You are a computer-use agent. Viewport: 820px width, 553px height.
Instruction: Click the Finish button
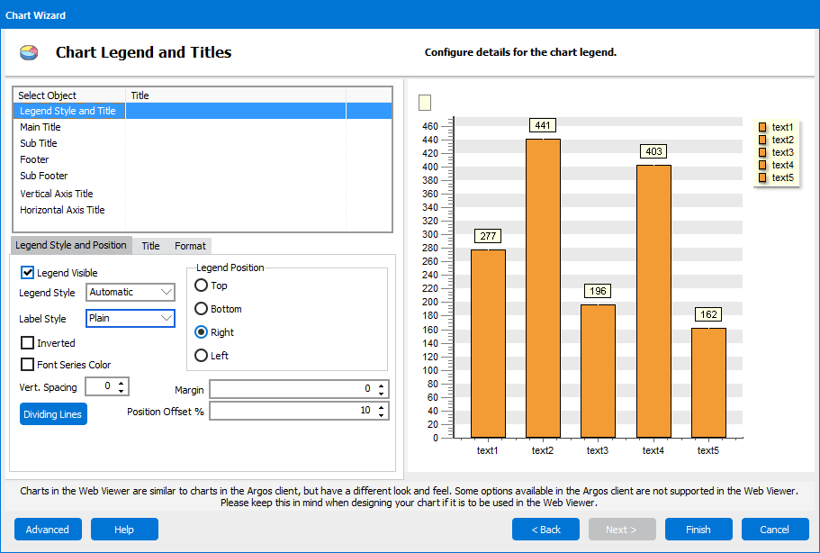(698, 530)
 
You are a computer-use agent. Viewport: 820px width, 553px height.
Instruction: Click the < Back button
(545, 530)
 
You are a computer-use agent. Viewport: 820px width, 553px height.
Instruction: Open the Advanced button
(48, 530)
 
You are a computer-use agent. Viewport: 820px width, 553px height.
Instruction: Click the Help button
(124, 530)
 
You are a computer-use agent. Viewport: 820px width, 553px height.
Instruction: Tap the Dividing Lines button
(54, 414)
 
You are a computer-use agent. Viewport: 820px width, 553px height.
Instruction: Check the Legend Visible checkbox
(28, 273)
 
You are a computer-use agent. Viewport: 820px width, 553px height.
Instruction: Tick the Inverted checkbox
(28, 343)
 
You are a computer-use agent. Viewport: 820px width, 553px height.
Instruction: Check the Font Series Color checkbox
(28, 365)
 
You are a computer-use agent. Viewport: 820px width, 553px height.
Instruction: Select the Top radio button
(202, 286)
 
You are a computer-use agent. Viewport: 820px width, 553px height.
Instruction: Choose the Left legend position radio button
(202, 356)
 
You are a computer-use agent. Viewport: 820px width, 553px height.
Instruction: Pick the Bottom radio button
(202, 309)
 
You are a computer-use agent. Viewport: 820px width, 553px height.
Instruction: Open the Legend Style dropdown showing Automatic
(131, 292)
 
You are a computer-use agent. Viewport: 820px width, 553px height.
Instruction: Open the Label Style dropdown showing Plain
(131, 318)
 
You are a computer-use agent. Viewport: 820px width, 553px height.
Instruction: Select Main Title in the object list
(41, 127)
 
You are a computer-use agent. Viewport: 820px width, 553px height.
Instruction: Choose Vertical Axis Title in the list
(57, 194)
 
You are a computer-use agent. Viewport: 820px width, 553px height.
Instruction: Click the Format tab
(190, 246)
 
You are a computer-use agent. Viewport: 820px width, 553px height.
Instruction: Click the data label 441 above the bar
(543, 125)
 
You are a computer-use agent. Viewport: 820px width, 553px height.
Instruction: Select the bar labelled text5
(707, 383)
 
